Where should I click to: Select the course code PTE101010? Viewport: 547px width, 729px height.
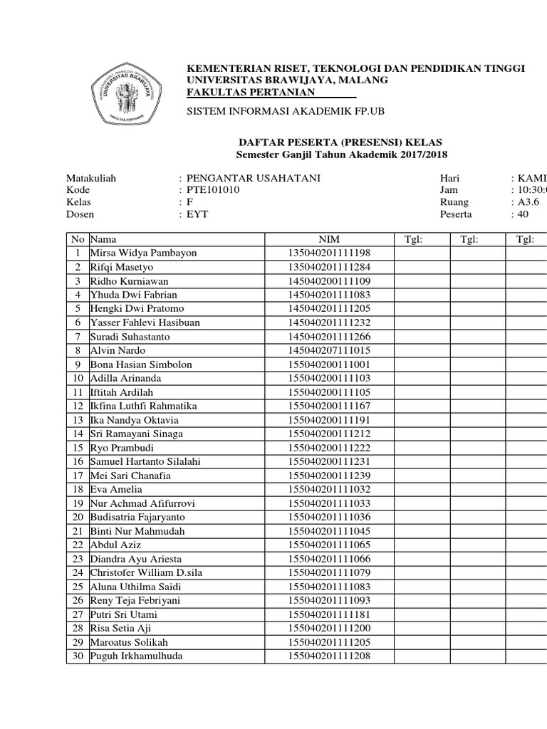coord(213,190)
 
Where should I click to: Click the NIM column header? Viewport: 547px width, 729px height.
coord(329,239)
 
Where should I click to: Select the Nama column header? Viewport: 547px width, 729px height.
coord(103,239)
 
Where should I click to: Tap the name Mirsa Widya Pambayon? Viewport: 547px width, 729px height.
coord(143,253)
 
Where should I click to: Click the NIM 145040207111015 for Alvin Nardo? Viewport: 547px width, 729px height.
coord(329,350)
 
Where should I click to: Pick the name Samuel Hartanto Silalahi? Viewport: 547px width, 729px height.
coord(145,461)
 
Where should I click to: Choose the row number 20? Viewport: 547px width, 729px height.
coord(77,517)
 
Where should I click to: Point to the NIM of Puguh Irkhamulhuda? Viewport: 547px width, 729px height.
coord(329,656)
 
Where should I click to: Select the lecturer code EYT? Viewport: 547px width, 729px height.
coord(197,214)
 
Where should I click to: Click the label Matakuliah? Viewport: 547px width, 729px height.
coord(91,178)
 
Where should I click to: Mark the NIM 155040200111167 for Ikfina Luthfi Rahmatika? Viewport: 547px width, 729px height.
coord(329,406)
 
